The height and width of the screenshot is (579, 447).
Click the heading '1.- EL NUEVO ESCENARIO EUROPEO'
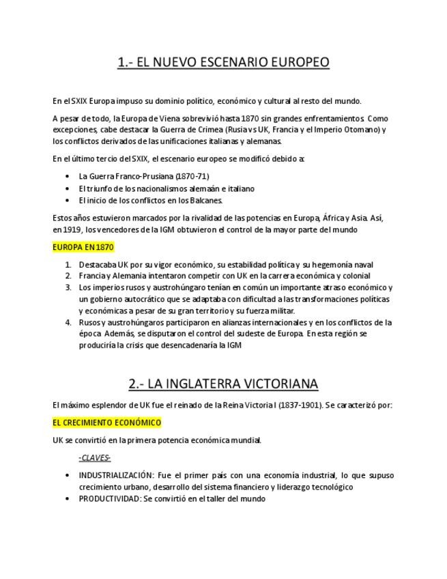point(223,63)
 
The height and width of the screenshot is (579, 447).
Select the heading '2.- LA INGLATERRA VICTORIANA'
point(223,383)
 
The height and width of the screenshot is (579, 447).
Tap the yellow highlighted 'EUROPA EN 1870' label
point(83,247)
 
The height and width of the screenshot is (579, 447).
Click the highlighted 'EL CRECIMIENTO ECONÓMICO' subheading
point(106,423)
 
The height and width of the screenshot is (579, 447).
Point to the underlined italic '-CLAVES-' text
point(95,458)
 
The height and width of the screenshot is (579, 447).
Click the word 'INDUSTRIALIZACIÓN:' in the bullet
point(115,475)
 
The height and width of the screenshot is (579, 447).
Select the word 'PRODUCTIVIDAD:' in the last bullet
point(109,498)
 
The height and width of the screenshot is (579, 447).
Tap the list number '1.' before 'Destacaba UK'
point(68,265)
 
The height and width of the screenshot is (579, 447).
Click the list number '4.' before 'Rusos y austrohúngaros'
point(68,322)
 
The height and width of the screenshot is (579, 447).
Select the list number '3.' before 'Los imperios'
point(68,287)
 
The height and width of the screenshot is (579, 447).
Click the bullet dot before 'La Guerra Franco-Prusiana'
point(67,176)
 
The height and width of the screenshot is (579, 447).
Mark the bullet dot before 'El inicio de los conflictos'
point(67,201)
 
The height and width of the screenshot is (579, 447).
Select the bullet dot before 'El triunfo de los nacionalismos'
point(67,188)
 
